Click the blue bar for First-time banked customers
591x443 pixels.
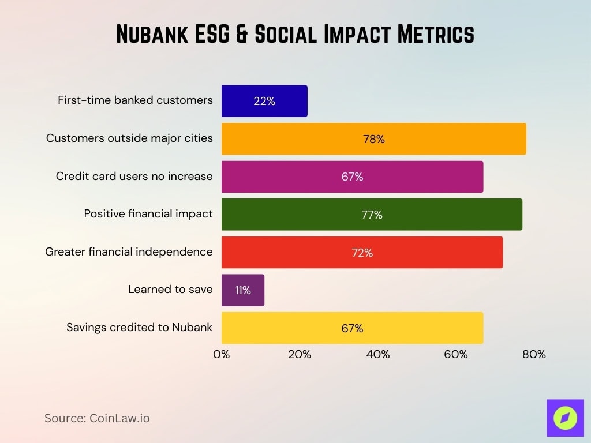coord(264,101)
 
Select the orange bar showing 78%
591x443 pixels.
coord(373,139)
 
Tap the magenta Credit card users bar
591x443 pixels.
coord(352,177)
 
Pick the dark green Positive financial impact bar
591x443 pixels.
coord(372,215)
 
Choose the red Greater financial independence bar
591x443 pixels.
coord(362,253)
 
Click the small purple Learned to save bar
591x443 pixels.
coord(243,290)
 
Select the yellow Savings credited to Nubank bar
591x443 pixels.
coord(352,328)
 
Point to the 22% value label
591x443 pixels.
coord(264,101)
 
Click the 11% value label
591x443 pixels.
coord(243,290)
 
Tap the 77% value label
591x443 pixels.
coord(372,215)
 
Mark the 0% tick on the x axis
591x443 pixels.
coord(222,354)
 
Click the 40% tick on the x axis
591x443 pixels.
coord(378,354)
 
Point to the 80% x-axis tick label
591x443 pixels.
coord(534,354)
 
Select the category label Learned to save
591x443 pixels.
coord(170,289)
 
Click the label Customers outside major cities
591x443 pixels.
coord(129,138)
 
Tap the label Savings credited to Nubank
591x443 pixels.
coord(139,327)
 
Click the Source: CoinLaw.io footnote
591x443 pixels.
coord(97,418)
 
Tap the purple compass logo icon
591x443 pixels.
coord(565,418)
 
